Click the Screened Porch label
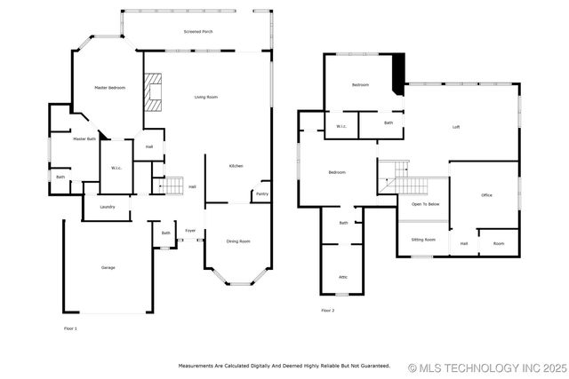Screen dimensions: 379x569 (x=197, y=32)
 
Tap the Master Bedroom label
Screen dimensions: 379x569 (x=109, y=87)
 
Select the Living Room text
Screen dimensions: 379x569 (x=206, y=97)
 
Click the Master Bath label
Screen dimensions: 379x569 (x=84, y=138)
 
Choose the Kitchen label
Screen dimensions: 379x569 (x=236, y=166)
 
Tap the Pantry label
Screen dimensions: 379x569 (x=262, y=193)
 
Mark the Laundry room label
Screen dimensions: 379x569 (x=107, y=207)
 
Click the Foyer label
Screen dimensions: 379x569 (x=190, y=231)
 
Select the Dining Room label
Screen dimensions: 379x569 (x=237, y=241)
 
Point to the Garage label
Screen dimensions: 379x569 (x=108, y=267)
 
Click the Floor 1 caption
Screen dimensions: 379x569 (x=70, y=329)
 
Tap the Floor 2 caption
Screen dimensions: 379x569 (x=327, y=311)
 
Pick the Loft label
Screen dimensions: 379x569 (x=456, y=127)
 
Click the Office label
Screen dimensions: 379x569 (x=486, y=195)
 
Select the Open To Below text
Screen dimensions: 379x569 (x=424, y=204)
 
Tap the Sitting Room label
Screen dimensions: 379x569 (x=423, y=240)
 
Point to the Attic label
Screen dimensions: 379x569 (x=343, y=277)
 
